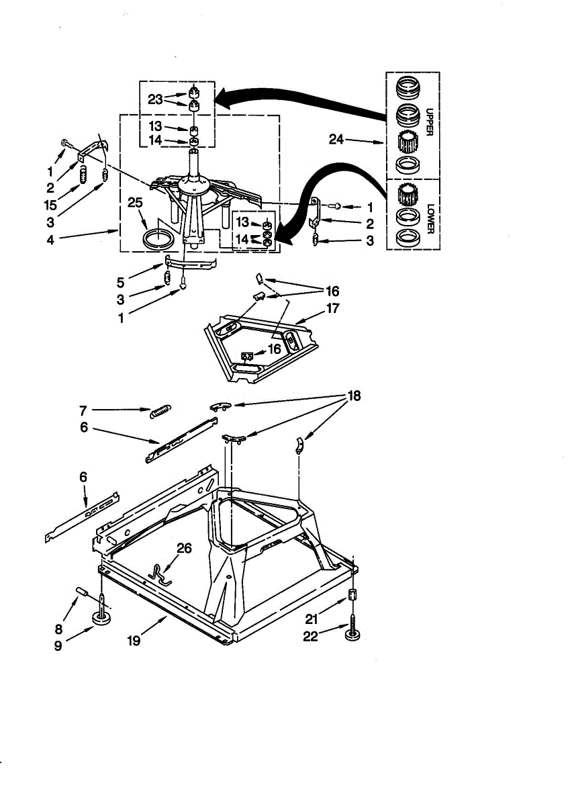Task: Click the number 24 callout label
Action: click(x=336, y=140)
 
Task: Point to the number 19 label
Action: click(x=133, y=640)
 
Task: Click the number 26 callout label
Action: click(x=184, y=548)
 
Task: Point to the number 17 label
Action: click(x=333, y=310)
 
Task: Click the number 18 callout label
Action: click(x=353, y=396)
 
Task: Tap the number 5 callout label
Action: click(x=120, y=282)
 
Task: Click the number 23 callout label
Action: click(x=156, y=99)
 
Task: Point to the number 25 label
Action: click(x=134, y=202)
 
